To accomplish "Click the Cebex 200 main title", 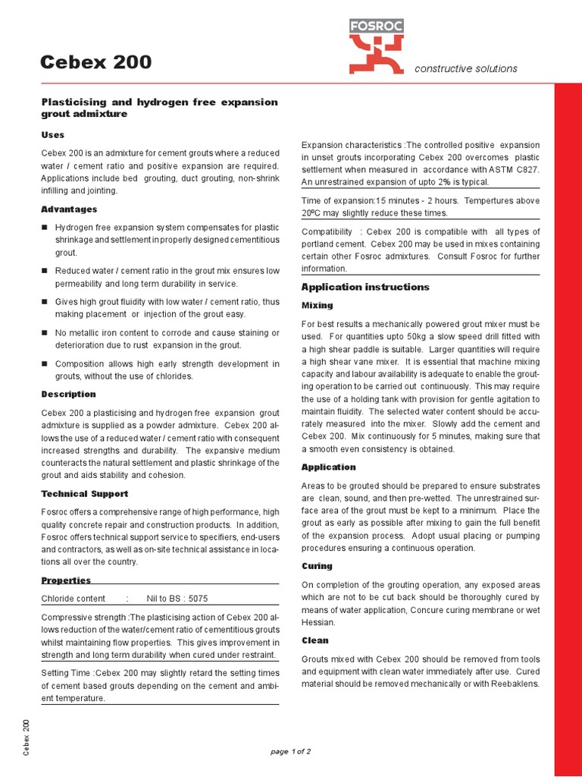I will [x=95, y=62].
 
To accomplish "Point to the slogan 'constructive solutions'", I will [x=466, y=68].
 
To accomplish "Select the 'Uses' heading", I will [x=52, y=134].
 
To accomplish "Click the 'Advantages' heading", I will [x=68, y=209].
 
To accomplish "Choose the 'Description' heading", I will [x=68, y=394].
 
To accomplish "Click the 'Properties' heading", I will [x=66, y=580].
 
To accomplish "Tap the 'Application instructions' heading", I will [x=365, y=287].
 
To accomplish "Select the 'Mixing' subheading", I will [x=317, y=305].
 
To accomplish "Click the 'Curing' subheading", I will [x=317, y=566].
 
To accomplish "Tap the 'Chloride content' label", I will [x=74, y=598].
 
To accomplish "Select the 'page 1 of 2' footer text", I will [x=291, y=751].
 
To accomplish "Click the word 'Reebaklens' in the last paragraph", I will [x=513, y=684].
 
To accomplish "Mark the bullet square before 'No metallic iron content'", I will [x=45, y=332].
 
